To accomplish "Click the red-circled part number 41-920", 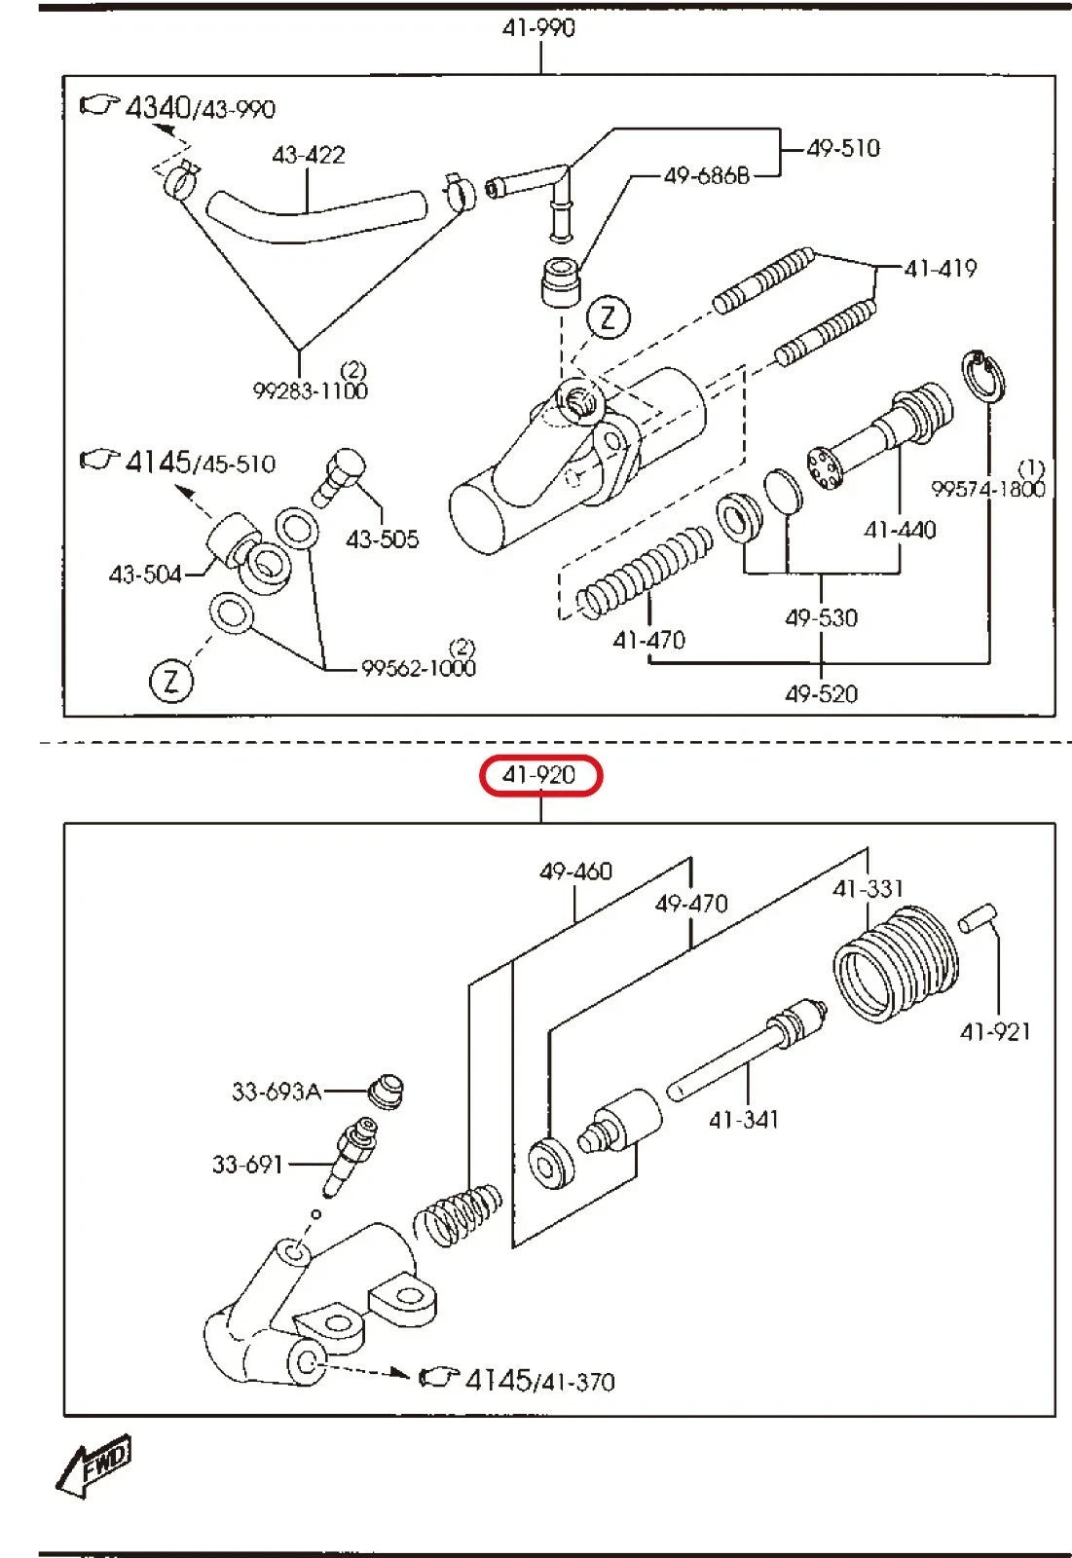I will pos(541,776).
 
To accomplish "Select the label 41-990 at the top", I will pos(538,28).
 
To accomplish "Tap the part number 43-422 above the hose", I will pos(308,155).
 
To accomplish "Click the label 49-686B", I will pos(706,175).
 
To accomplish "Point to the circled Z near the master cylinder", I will pos(609,316).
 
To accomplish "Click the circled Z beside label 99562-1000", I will pos(171,680).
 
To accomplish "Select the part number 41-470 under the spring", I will pos(648,640).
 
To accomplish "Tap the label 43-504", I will pos(145,575).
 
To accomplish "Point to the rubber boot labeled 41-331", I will pos(896,964).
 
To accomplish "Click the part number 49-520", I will pos(821,693).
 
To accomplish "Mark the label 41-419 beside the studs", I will pos(940,268).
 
